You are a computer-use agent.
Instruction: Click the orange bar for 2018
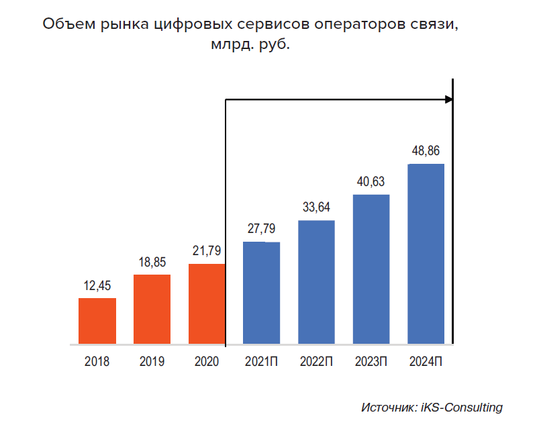(97, 321)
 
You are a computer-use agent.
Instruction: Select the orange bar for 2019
(152, 310)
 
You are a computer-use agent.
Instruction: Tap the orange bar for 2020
(207, 304)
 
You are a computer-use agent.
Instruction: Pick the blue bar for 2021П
(261, 293)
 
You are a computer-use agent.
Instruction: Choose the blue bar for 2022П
(316, 283)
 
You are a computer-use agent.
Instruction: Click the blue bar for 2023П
(371, 270)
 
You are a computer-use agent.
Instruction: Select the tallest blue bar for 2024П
(426, 254)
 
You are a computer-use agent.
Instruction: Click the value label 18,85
(152, 263)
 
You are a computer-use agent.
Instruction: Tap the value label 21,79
(207, 252)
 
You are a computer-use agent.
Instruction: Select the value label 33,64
(316, 207)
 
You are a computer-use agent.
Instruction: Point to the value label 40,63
(371, 182)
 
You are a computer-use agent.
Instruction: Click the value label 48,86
(426, 151)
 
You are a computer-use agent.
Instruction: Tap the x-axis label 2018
(97, 362)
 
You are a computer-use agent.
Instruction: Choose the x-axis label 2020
(207, 362)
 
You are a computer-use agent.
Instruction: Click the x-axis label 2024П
(426, 362)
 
